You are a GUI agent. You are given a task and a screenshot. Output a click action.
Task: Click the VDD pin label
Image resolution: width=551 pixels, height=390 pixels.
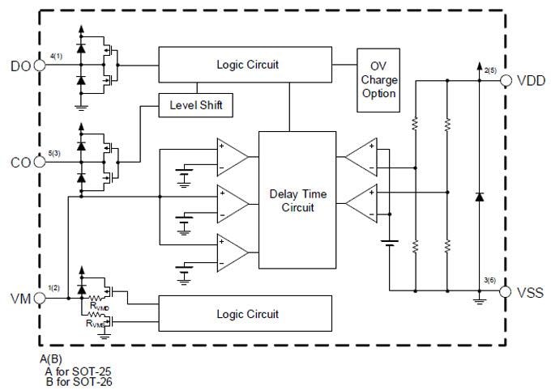pos(530,82)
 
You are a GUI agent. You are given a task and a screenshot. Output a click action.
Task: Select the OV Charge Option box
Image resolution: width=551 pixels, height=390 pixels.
pos(377,78)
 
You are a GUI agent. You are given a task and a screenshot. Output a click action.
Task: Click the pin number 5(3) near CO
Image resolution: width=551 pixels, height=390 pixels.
pos(55,152)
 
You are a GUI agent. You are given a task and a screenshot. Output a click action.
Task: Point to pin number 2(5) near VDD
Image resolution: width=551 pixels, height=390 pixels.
pos(489,71)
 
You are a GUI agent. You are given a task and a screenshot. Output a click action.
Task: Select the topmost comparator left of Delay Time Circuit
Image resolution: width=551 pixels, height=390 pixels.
pos(232,156)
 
